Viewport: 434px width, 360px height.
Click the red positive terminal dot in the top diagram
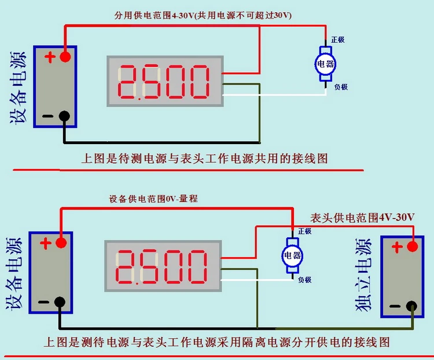click(65, 56)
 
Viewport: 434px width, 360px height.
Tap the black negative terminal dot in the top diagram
click(65, 116)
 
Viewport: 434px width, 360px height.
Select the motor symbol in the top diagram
click(325, 64)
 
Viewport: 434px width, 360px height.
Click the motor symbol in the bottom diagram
click(291, 255)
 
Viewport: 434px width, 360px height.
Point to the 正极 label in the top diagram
click(339, 40)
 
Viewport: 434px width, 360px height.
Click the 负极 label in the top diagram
click(341, 87)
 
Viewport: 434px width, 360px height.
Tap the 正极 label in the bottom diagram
click(304, 231)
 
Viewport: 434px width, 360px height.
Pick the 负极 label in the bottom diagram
click(306, 280)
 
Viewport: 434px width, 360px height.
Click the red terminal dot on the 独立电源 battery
click(412, 247)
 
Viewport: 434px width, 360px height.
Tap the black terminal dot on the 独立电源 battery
click(411, 306)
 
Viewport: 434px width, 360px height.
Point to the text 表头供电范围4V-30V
click(363, 218)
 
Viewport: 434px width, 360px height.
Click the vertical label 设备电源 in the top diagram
click(17, 87)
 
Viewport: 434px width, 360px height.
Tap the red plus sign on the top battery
click(50, 57)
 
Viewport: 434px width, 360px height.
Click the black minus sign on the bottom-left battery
click(43, 302)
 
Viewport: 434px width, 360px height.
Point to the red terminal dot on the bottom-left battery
click(60, 242)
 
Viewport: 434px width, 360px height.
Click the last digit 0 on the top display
click(198, 82)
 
